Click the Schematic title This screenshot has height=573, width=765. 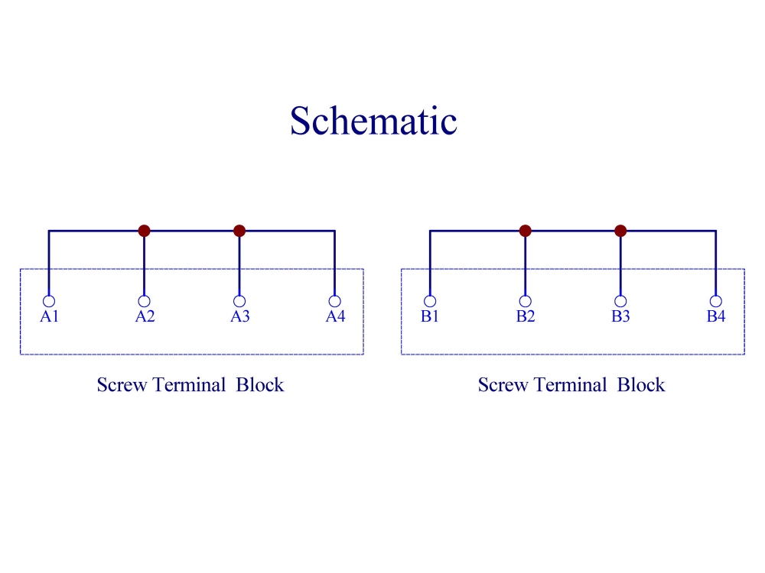[x=374, y=121]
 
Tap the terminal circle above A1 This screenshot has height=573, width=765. [x=49, y=296]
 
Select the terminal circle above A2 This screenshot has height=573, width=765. [x=144, y=296]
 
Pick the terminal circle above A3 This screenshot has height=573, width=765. [x=239, y=296]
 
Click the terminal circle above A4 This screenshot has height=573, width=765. [x=335, y=296]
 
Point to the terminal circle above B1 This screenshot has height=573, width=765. [x=430, y=296]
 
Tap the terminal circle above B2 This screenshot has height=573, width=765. [x=525, y=296]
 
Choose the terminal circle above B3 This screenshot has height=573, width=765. [x=620, y=296]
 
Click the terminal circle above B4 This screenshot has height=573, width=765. [x=716, y=296]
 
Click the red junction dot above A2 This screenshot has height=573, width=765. [x=144, y=231]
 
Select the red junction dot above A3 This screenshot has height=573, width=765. [x=239, y=231]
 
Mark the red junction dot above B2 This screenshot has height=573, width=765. [x=525, y=231]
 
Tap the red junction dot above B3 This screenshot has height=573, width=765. [x=620, y=231]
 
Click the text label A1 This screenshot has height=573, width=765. [x=49, y=316]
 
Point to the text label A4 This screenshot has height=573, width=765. [x=336, y=316]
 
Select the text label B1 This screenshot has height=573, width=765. [x=430, y=316]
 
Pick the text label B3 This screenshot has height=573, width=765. [x=620, y=316]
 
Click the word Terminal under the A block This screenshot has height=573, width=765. [x=189, y=385]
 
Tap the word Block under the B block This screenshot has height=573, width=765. [x=641, y=385]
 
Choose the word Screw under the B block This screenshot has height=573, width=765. [x=503, y=385]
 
